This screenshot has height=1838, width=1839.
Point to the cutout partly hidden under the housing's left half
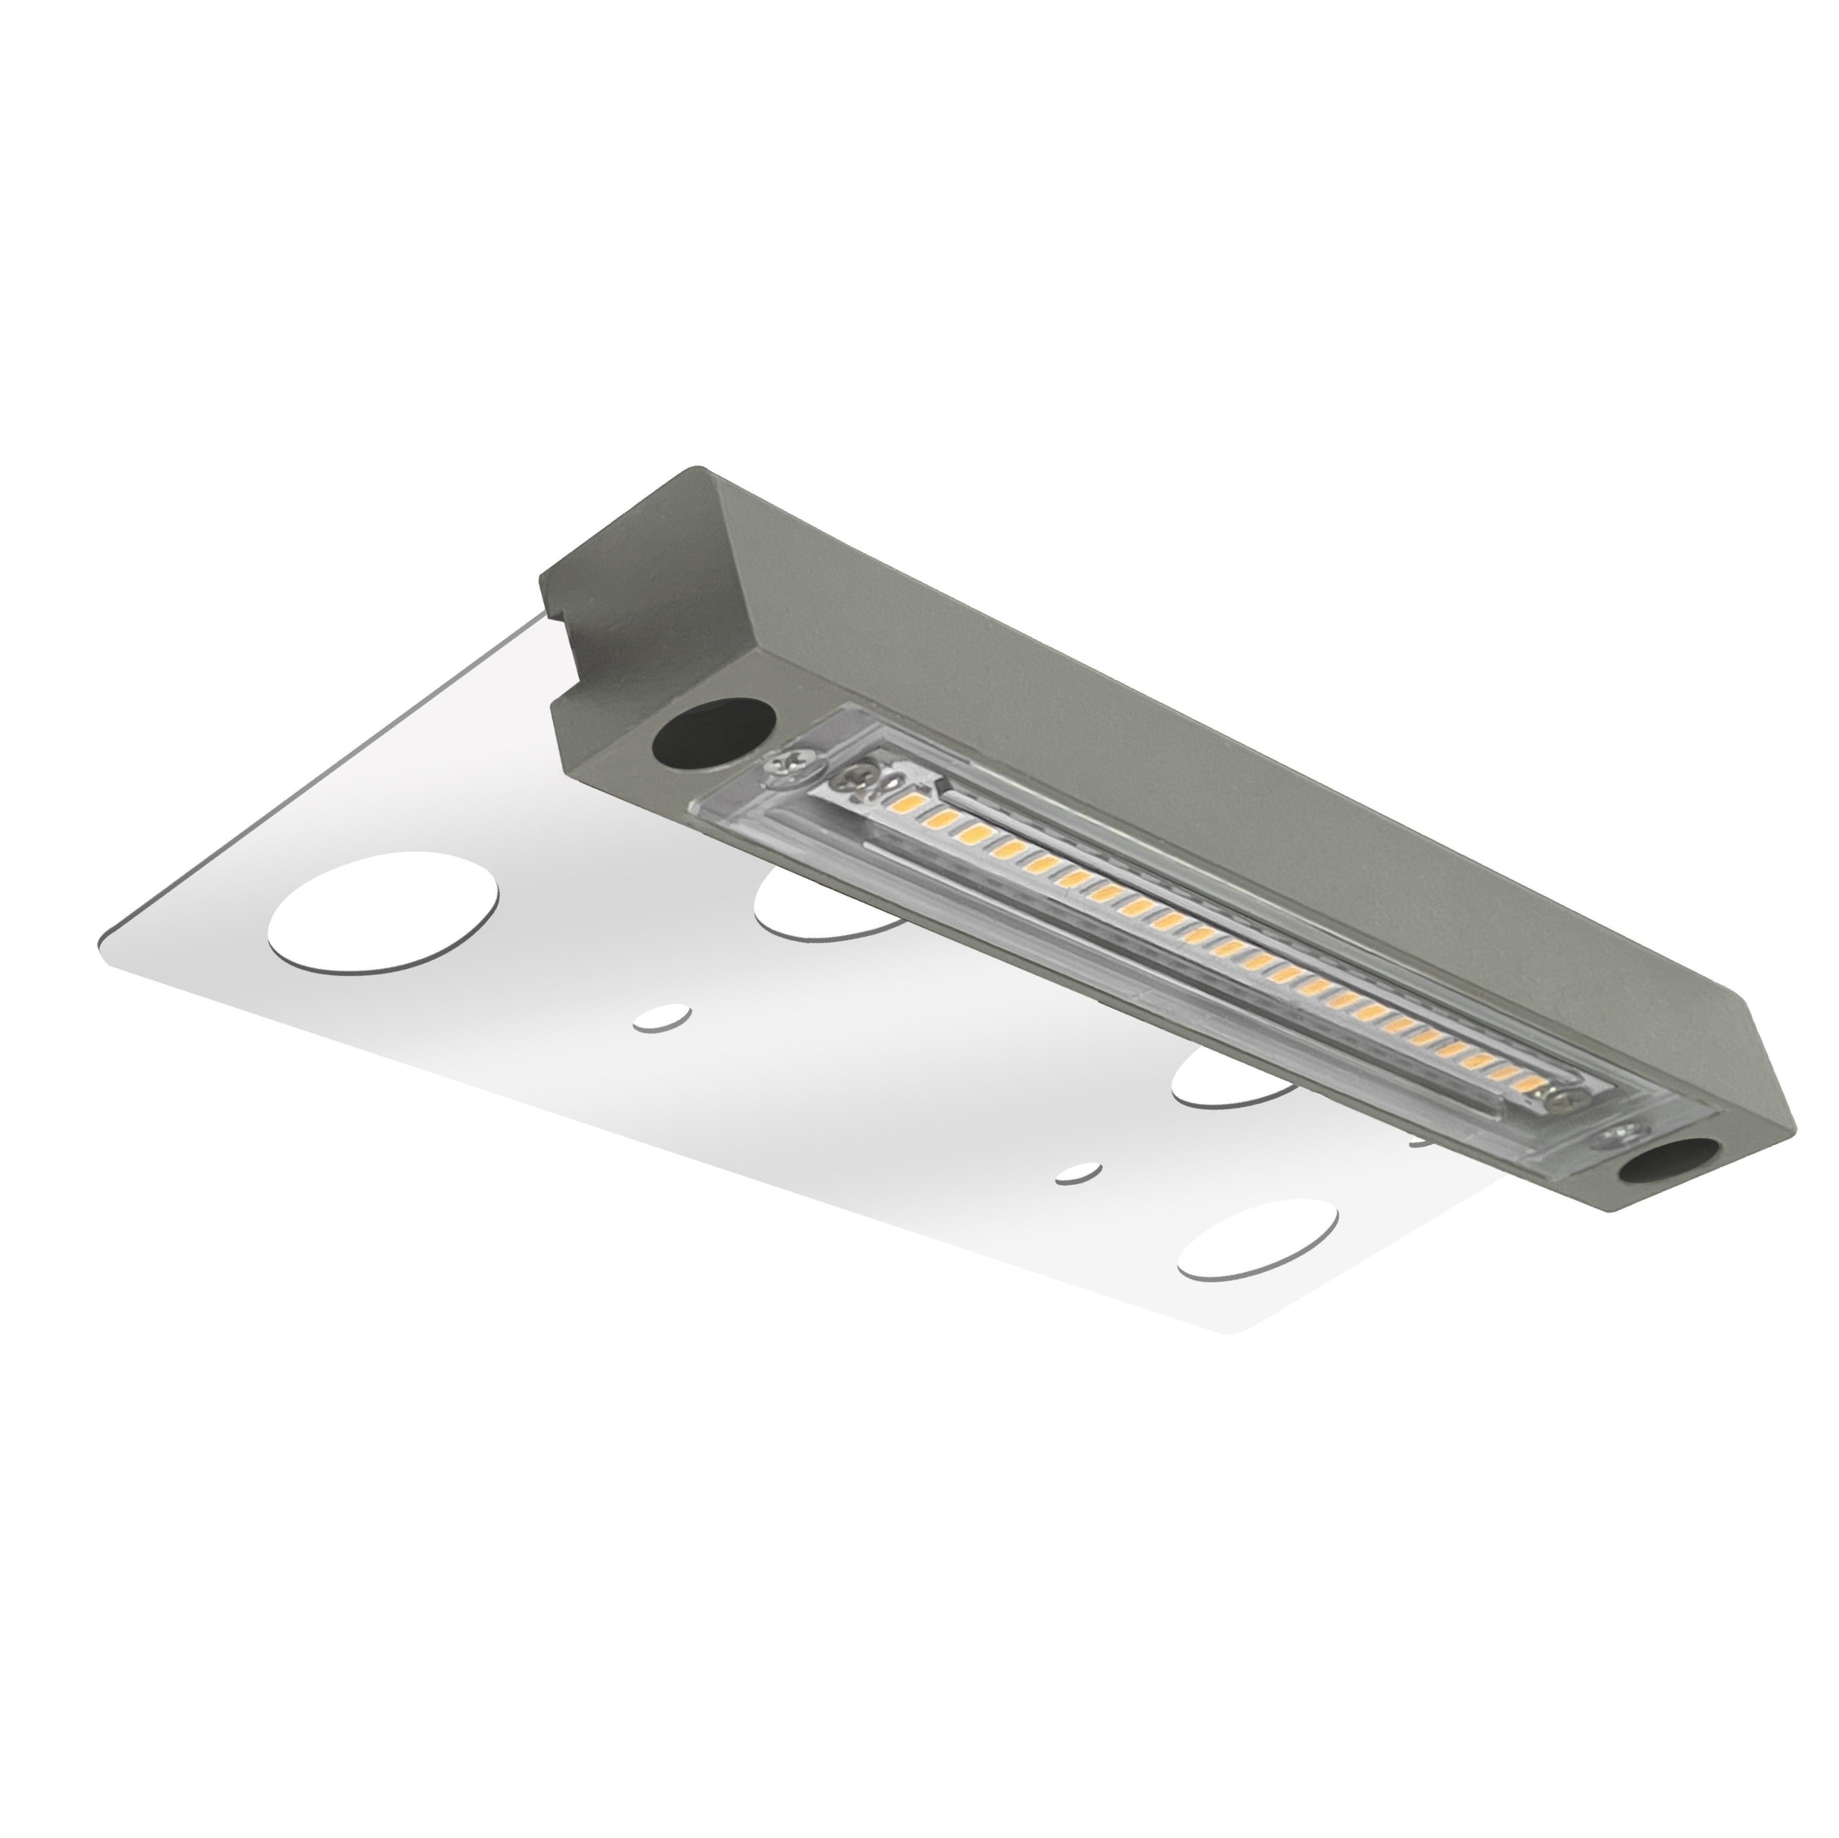coord(818,900)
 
